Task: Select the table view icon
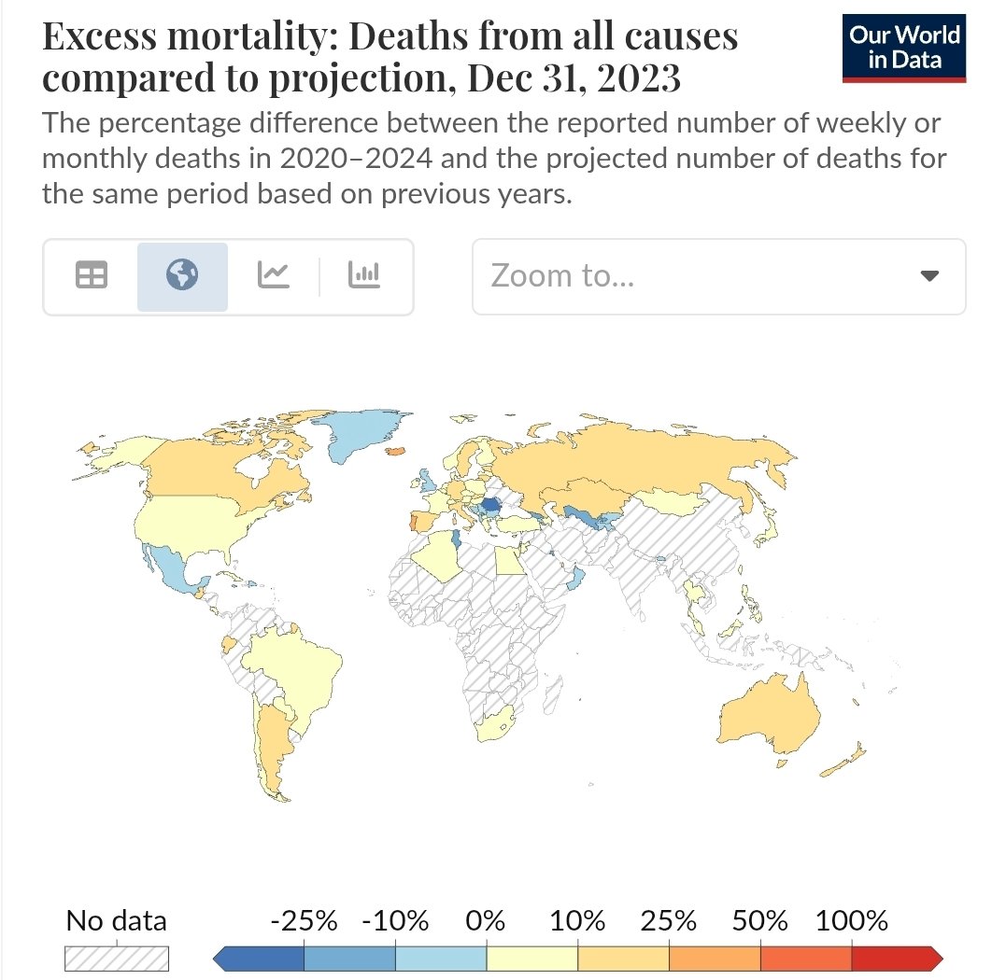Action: click(91, 275)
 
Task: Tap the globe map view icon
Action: click(182, 275)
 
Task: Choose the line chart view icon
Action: click(273, 275)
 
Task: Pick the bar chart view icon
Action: click(363, 275)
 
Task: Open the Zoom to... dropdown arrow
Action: click(928, 276)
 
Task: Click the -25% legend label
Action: click(304, 921)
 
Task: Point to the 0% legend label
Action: click(486, 921)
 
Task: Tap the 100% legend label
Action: click(851, 921)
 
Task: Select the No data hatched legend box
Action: click(116, 959)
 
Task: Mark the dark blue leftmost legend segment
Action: click(262, 959)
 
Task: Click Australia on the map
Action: click(766, 719)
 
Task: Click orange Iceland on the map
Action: click(396, 450)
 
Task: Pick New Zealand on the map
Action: click(845, 760)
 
